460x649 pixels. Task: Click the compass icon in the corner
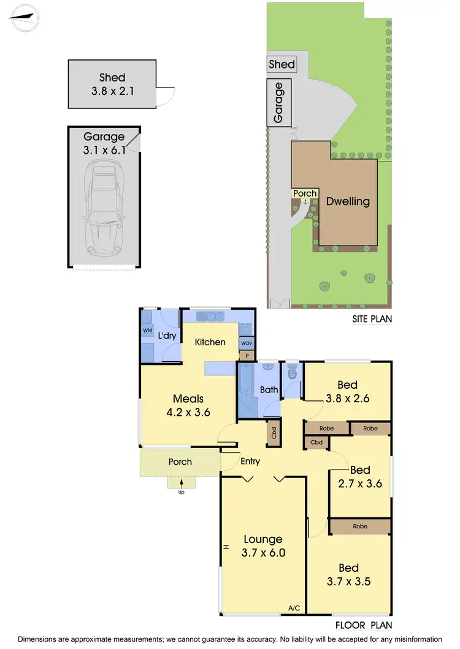point(24,18)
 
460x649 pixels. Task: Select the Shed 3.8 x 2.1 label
point(112,84)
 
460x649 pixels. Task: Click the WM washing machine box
point(147,331)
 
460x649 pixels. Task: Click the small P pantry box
point(247,355)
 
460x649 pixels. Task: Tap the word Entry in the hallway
point(250,462)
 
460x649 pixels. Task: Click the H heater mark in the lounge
point(226,547)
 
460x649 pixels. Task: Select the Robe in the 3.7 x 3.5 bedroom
point(360,526)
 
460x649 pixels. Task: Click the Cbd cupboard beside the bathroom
point(272,432)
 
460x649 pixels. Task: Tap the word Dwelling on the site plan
point(348,201)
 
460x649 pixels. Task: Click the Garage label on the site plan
point(278,102)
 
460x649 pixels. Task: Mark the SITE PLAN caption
point(372,318)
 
